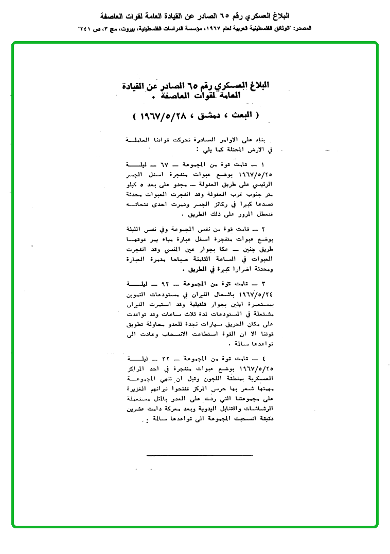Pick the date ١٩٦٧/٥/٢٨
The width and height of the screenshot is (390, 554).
pyautogui.click(x=165, y=116)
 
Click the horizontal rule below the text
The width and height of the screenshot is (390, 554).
pyautogui.click(x=200, y=455)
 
